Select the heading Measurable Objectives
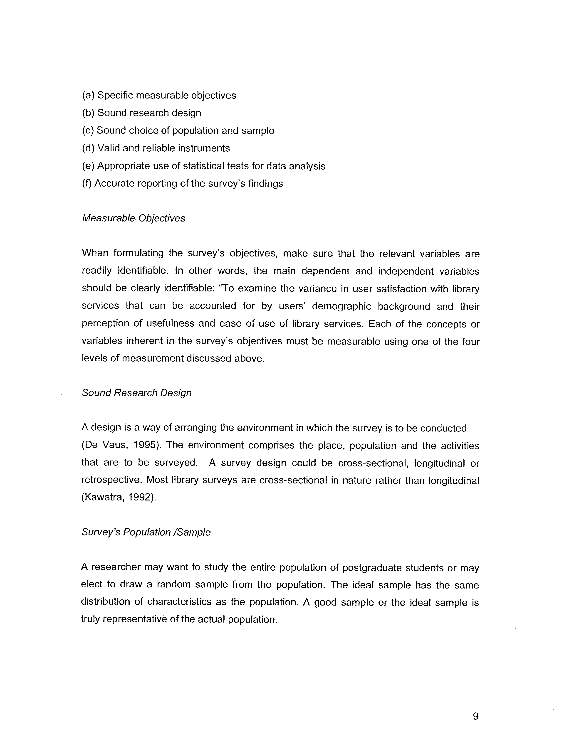coord(134,218)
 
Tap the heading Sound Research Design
coord(136,393)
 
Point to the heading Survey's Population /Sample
coord(146,532)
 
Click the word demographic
coord(341,306)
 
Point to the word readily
coord(97,271)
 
